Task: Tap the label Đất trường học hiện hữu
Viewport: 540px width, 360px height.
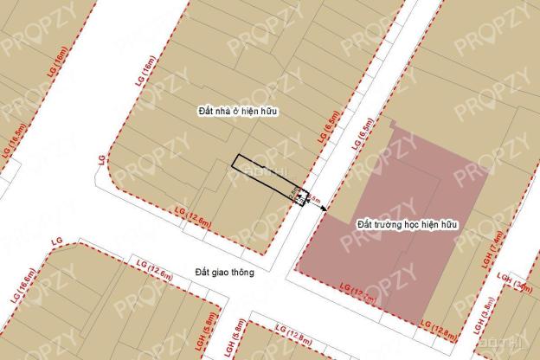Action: click(x=407, y=224)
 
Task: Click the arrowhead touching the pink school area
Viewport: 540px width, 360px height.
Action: click(x=311, y=208)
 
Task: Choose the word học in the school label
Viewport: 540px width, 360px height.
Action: click(x=415, y=224)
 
